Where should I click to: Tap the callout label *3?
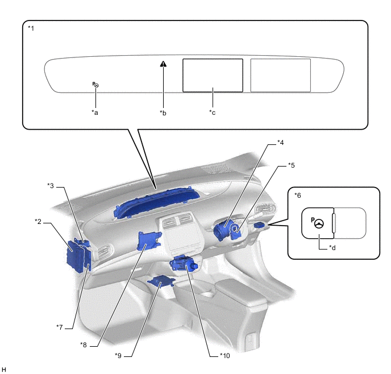[51, 185]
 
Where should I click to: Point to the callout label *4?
[280, 142]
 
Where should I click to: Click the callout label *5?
[291, 165]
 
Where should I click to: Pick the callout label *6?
[298, 195]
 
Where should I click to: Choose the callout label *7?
[60, 326]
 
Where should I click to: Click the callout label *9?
[118, 355]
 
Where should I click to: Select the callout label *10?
[225, 355]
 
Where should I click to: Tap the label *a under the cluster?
[95, 112]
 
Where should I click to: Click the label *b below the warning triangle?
[163, 112]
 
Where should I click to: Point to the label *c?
[213, 112]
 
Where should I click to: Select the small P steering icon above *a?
[95, 85]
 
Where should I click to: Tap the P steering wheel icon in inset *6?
[317, 223]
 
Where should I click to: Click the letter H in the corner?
[4, 370]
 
